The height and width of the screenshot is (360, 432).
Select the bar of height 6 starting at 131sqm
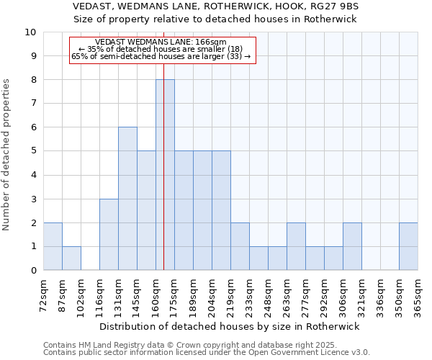pos(127,199)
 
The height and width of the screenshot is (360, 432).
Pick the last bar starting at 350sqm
pos(408,246)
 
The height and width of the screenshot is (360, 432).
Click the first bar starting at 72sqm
pos(53,246)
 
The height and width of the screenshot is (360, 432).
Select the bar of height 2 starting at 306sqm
pos(352,246)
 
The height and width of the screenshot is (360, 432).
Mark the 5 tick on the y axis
pos(33,151)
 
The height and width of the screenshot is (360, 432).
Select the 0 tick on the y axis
pos(33,271)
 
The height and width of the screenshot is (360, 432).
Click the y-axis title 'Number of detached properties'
pos(7,155)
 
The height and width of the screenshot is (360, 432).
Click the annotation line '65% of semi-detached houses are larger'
pos(161,56)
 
